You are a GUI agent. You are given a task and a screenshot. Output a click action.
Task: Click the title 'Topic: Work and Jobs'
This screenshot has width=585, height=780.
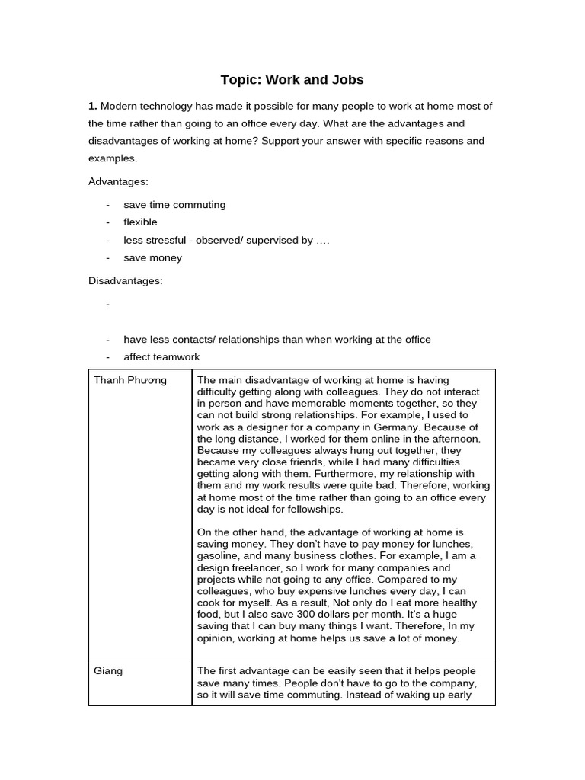[x=292, y=80]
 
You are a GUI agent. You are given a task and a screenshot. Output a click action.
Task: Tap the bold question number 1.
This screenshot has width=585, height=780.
[x=92, y=106]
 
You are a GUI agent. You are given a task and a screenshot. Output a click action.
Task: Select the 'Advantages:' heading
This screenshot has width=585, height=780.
[x=118, y=181]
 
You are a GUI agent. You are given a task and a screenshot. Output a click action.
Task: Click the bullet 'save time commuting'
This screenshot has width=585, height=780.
[x=174, y=205]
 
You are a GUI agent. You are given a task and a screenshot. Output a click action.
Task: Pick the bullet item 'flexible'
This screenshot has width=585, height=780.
[x=140, y=222]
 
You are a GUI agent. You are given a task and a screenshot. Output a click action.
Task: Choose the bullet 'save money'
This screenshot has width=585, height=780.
[x=152, y=257]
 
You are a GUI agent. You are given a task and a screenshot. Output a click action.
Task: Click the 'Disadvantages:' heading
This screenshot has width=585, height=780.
[x=125, y=281]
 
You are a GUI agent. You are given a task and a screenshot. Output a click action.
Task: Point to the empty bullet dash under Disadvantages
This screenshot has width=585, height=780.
[x=108, y=305]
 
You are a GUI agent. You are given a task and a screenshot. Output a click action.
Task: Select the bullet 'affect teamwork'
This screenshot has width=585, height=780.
[x=161, y=357]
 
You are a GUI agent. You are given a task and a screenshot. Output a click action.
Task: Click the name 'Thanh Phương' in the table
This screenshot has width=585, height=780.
[x=130, y=380]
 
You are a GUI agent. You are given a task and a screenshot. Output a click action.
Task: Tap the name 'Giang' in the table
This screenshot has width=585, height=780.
[x=107, y=671]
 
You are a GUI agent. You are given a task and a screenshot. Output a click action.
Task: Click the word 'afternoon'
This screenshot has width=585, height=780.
[x=452, y=439]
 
